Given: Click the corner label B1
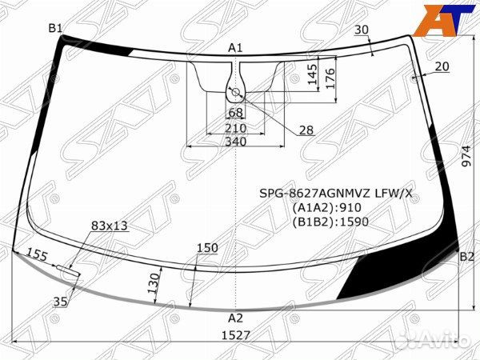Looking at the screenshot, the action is tap(55, 29).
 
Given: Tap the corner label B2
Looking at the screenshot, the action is tap(467, 257).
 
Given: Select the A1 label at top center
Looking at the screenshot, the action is tap(235, 48).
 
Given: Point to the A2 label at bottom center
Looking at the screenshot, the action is tap(235, 318).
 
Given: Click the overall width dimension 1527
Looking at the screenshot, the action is tap(236, 335).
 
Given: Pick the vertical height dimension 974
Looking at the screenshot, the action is tap(466, 156).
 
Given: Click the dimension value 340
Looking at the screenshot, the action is tap(236, 142).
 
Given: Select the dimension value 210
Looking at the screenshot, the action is tap(235, 128).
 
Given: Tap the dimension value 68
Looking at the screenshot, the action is tap(235, 113).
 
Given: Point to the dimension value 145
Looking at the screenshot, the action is tap(312, 74).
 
